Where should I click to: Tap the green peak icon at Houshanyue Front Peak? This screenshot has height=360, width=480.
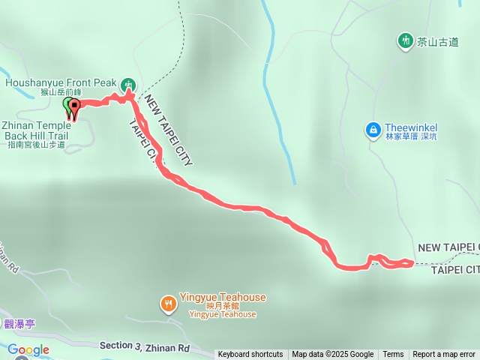[128, 84]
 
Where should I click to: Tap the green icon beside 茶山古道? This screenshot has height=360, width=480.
[406, 40]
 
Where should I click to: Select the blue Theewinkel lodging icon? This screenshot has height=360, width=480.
[373, 130]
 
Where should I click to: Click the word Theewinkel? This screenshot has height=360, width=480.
[411, 127]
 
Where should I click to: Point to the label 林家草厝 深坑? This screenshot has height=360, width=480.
[411, 137]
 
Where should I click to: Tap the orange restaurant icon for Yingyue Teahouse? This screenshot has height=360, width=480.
[168, 303]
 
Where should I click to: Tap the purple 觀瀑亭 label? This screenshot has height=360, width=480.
[19, 324]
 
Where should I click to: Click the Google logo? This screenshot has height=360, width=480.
[28, 349]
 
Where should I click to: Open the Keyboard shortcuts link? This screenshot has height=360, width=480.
[250, 355]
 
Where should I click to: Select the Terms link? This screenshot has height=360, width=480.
[393, 355]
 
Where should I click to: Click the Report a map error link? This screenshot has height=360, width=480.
[444, 355]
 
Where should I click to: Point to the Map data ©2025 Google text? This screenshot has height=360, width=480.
[332, 355]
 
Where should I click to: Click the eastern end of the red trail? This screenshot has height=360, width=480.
[411, 262]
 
